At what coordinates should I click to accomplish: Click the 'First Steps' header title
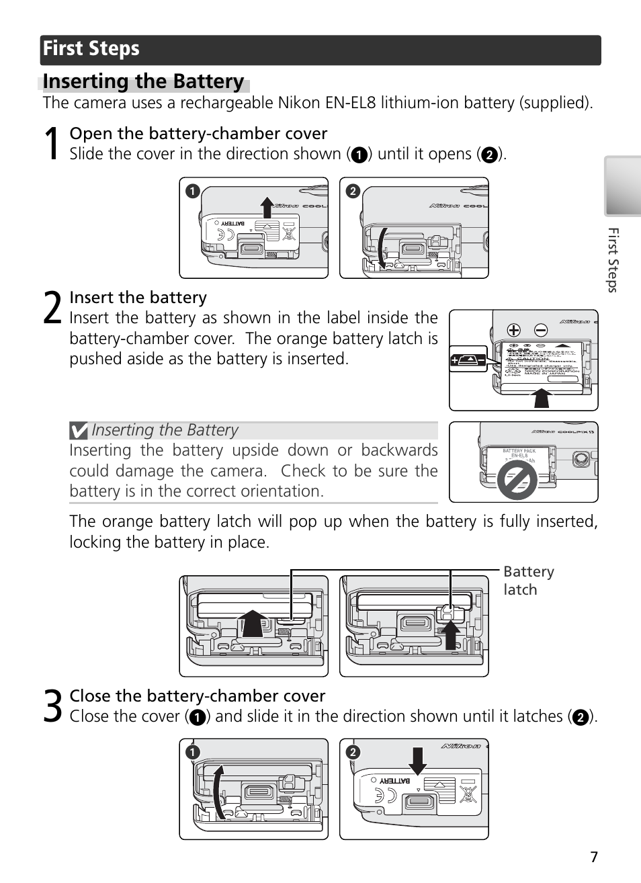(x=91, y=49)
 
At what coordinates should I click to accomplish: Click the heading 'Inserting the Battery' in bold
(x=143, y=82)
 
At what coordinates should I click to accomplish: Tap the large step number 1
(x=52, y=144)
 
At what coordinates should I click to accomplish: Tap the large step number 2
(x=52, y=308)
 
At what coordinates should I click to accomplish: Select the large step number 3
(x=52, y=706)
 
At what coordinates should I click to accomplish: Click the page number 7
(x=593, y=857)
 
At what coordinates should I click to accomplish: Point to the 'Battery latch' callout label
(x=528, y=581)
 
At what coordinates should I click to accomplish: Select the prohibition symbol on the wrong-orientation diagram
(x=516, y=480)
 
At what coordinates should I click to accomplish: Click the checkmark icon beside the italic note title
(x=79, y=430)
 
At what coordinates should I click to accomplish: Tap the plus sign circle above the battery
(x=514, y=330)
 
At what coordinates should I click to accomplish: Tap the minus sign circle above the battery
(x=541, y=330)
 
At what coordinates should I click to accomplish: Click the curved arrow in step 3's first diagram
(x=218, y=793)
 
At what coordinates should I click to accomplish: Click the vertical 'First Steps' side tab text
(x=612, y=260)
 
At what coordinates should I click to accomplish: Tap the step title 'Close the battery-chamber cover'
(x=198, y=696)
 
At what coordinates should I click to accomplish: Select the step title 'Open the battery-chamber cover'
(x=198, y=133)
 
